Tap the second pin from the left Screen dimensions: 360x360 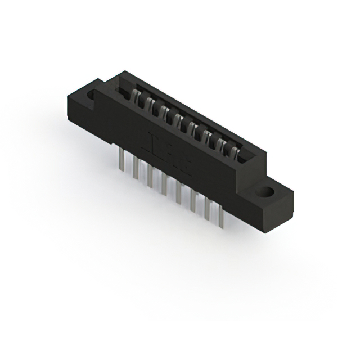136,171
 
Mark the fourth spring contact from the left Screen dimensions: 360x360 179,119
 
